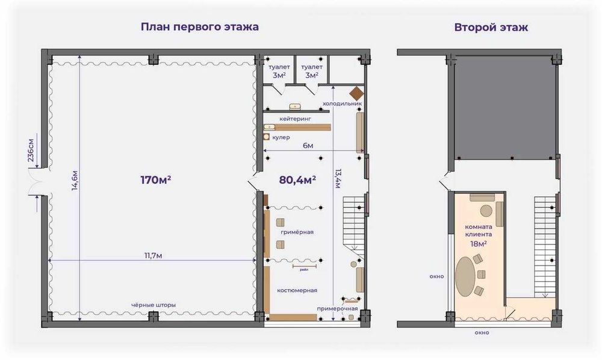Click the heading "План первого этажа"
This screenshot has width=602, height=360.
(x=199, y=27)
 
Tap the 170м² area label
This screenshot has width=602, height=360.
(x=155, y=179)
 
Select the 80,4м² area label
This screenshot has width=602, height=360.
(x=297, y=179)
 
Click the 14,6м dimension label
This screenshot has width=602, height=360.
(x=75, y=179)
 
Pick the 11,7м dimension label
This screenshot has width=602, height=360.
(x=153, y=255)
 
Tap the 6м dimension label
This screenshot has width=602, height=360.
(x=307, y=146)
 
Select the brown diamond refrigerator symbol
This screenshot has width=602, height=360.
(x=357, y=93)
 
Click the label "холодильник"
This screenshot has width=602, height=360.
(x=342, y=104)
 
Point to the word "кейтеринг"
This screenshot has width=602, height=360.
(x=294, y=120)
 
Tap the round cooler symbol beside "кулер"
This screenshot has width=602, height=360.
(x=266, y=137)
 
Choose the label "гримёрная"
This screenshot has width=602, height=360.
(x=297, y=232)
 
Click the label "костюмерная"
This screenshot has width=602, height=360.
(x=297, y=290)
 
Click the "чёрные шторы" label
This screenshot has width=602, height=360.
(x=154, y=305)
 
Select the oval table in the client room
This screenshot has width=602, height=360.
(x=466, y=275)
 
